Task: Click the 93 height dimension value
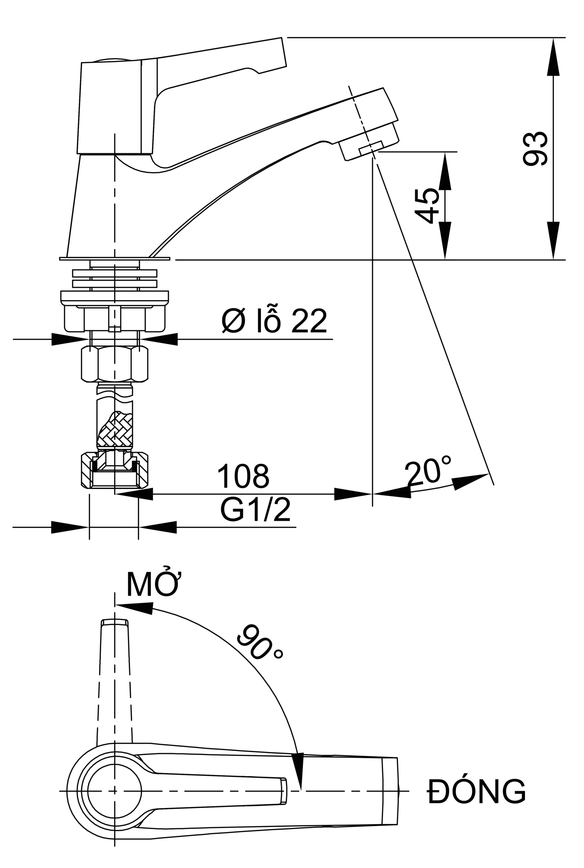(535, 149)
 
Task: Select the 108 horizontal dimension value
(243, 476)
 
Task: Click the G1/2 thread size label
(256, 510)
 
